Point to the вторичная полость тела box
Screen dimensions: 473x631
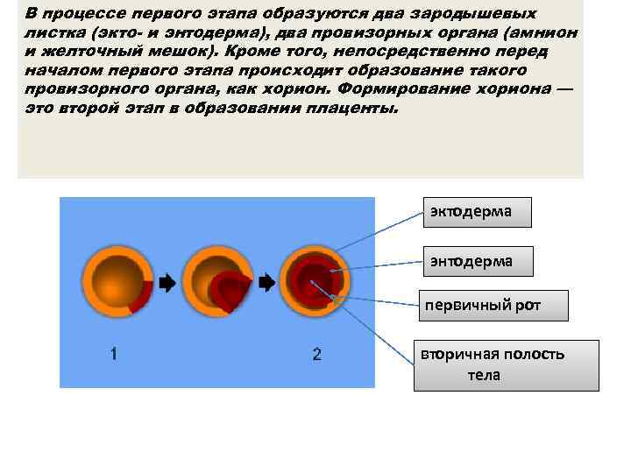click(x=507, y=364)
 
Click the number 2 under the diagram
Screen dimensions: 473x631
click(x=316, y=354)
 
